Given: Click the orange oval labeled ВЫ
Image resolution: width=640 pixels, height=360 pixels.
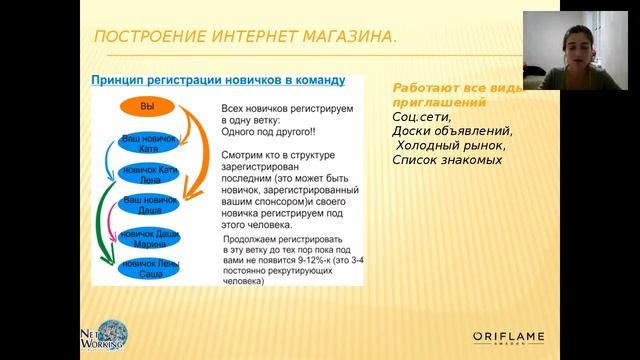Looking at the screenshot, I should (147, 106).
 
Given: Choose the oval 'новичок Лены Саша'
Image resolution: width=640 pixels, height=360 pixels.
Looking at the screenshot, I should (149, 269).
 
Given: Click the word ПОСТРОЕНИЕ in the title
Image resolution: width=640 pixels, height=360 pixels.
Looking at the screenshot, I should (149, 37).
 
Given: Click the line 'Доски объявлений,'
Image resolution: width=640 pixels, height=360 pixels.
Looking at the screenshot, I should (452, 131).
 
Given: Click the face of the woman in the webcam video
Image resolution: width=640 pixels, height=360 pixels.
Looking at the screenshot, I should (589, 45).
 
